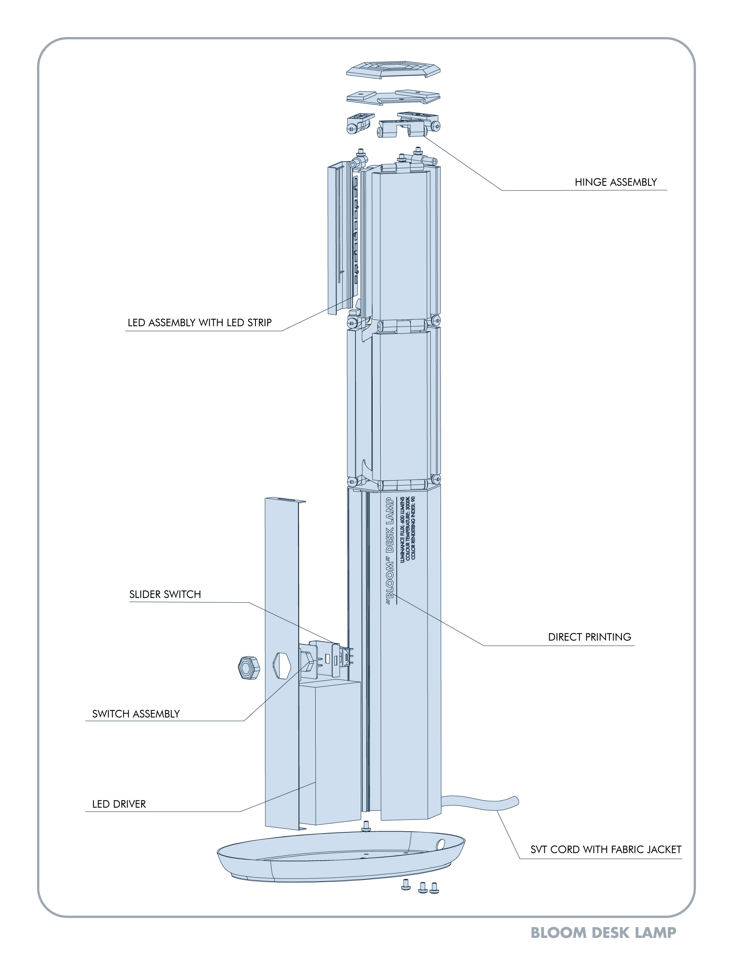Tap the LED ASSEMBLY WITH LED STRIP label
click(199, 323)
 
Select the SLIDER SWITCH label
click(165, 594)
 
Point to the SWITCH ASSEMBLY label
click(136, 714)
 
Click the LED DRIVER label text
click(119, 804)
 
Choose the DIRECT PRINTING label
click(589, 637)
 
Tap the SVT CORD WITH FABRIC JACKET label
click(605, 850)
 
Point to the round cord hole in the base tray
click(441, 844)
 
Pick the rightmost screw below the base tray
click(434, 887)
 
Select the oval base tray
click(340, 862)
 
